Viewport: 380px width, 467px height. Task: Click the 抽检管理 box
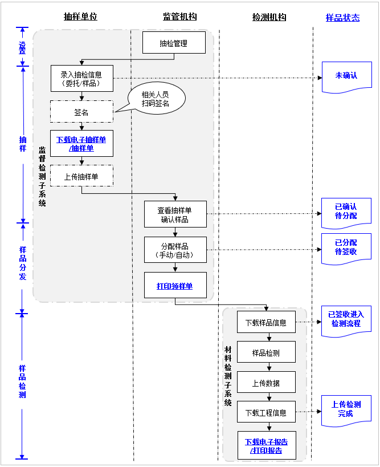pos(174,43)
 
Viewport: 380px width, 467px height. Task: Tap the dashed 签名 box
pos(81,112)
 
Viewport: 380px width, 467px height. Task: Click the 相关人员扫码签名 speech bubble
pos(155,99)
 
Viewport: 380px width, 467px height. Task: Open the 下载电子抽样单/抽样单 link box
pos(81,144)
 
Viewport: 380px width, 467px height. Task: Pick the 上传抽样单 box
pos(81,176)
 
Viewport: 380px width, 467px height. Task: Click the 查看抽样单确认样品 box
pos(174,215)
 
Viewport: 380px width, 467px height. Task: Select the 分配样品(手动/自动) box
pos(174,251)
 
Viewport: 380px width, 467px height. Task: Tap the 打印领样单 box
pos(174,286)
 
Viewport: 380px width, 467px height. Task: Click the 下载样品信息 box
pos(266,322)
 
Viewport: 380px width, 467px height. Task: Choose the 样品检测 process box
pos(266,352)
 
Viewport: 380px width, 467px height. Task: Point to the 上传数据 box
pos(266,383)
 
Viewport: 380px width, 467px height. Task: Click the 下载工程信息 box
pos(266,412)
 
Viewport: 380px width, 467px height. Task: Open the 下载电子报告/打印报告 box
pos(266,446)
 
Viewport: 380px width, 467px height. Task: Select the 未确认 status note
pos(346,76)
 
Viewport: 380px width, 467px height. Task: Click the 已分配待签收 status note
pos(346,247)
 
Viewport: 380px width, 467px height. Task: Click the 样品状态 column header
pos(342,18)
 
